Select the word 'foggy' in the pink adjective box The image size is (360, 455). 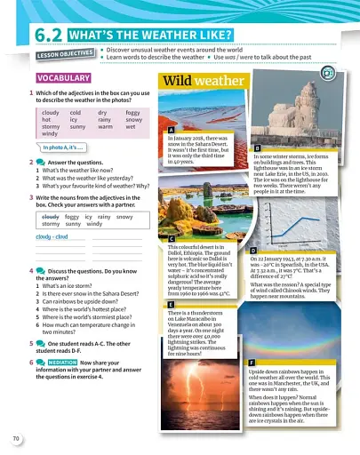tap(132, 113)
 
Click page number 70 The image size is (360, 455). tap(16, 439)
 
